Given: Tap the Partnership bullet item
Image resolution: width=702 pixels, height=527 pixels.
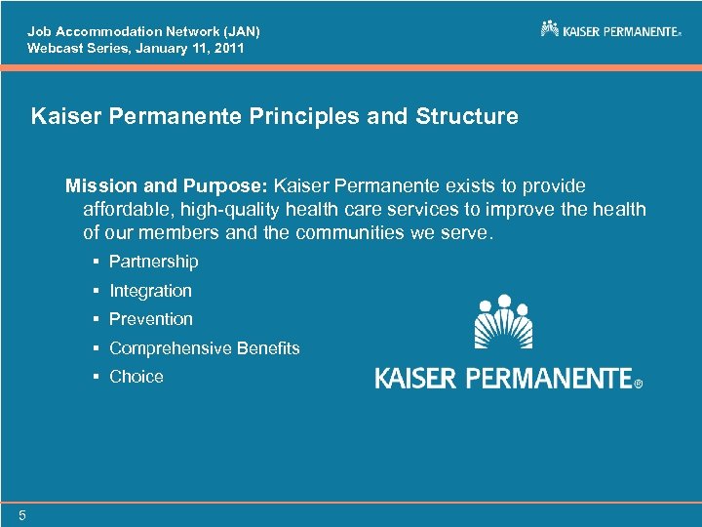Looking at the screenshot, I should [x=153, y=262].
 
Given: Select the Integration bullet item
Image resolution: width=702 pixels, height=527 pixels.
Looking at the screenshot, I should [x=150, y=291].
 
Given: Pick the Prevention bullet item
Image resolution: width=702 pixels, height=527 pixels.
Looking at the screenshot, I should [x=151, y=319].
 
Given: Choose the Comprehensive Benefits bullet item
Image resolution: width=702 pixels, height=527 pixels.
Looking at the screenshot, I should [x=204, y=348].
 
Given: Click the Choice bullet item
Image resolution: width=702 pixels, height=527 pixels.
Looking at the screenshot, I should [x=136, y=377].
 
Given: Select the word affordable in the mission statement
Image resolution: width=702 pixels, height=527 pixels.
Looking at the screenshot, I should [x=125, y=210].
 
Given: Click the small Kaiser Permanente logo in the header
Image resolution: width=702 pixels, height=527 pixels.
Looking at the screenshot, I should [x=610, y=29].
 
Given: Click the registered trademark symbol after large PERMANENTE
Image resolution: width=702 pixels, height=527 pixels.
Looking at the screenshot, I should [x=639, y=385].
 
